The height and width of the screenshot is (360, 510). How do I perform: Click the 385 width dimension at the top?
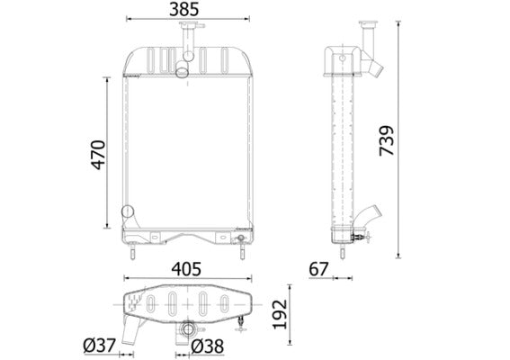(x=185, y=10)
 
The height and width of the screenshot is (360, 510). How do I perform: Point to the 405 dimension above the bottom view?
(x=185, y=269)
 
